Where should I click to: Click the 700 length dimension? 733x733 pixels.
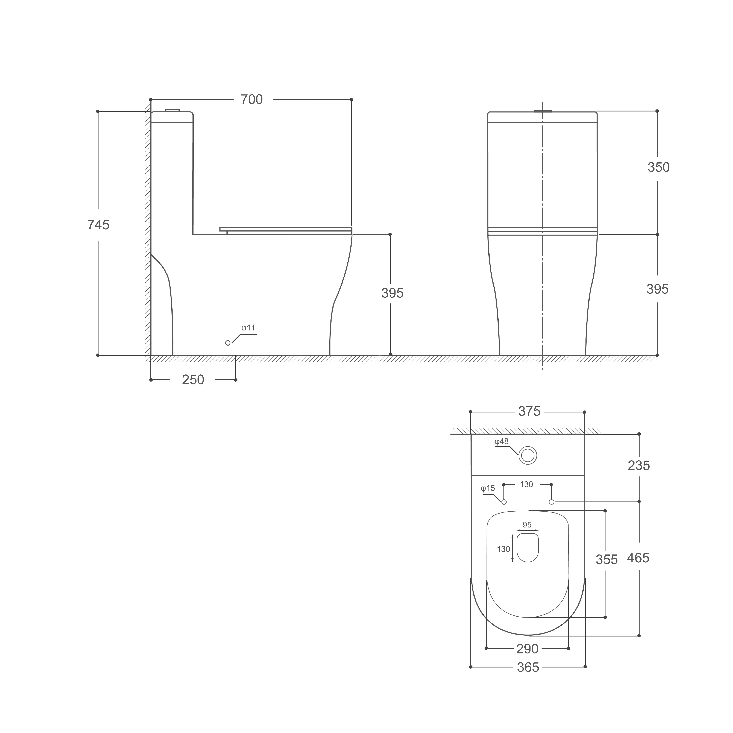click(x=252, y=99)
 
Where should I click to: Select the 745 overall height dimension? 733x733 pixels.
click(x=98, y=225)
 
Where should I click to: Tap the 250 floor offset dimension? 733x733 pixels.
click(x=193, y=379)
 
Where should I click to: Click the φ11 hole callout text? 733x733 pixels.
click(x=248, y=328)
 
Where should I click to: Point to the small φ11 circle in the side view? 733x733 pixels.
click(x=228, y=343)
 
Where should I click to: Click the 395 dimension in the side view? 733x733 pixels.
click(x=392, y=293)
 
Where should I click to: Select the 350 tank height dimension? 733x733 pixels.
click(x=658, y=167)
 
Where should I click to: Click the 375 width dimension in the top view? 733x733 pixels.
click(x=529, y=411)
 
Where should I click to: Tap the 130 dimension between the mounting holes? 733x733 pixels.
click(x=526, y=485)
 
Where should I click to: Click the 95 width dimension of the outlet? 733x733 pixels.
click(x=527, y=525)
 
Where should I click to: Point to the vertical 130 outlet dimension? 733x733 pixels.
click(x=503, y=549)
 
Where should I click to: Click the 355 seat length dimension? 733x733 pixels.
click(x=606, y=560)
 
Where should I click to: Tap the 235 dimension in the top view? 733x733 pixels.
click(x=638, y=465)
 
